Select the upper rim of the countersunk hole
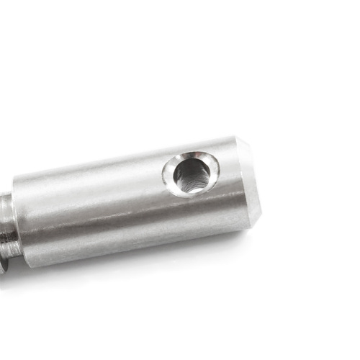[189, 155]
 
